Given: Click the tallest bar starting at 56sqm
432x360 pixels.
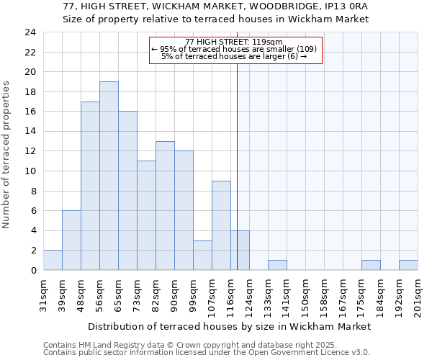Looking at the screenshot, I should [109, 176].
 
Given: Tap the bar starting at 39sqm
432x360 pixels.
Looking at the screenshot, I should [71, 240].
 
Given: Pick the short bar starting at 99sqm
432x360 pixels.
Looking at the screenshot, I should [202, 256].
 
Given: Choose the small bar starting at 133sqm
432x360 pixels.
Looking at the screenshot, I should [277, 265].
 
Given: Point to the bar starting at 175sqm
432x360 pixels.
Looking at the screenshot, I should [371, 265].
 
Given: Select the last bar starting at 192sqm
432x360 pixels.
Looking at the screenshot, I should [408, 265].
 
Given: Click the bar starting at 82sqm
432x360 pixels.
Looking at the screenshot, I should [165, 206].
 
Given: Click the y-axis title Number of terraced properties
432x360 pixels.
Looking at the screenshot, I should [6, 155].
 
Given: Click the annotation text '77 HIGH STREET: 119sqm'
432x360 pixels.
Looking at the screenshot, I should [234, 42].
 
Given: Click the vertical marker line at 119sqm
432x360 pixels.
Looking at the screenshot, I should [237, 166].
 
